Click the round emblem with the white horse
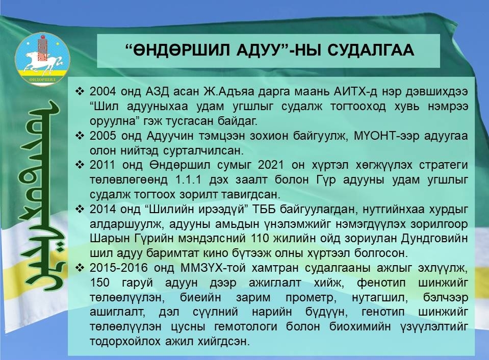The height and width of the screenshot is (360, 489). (43, 59)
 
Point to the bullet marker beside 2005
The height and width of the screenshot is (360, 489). (80, 136)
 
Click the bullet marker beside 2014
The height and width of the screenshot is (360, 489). (80, 209)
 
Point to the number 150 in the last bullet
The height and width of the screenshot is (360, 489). (99, 282)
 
